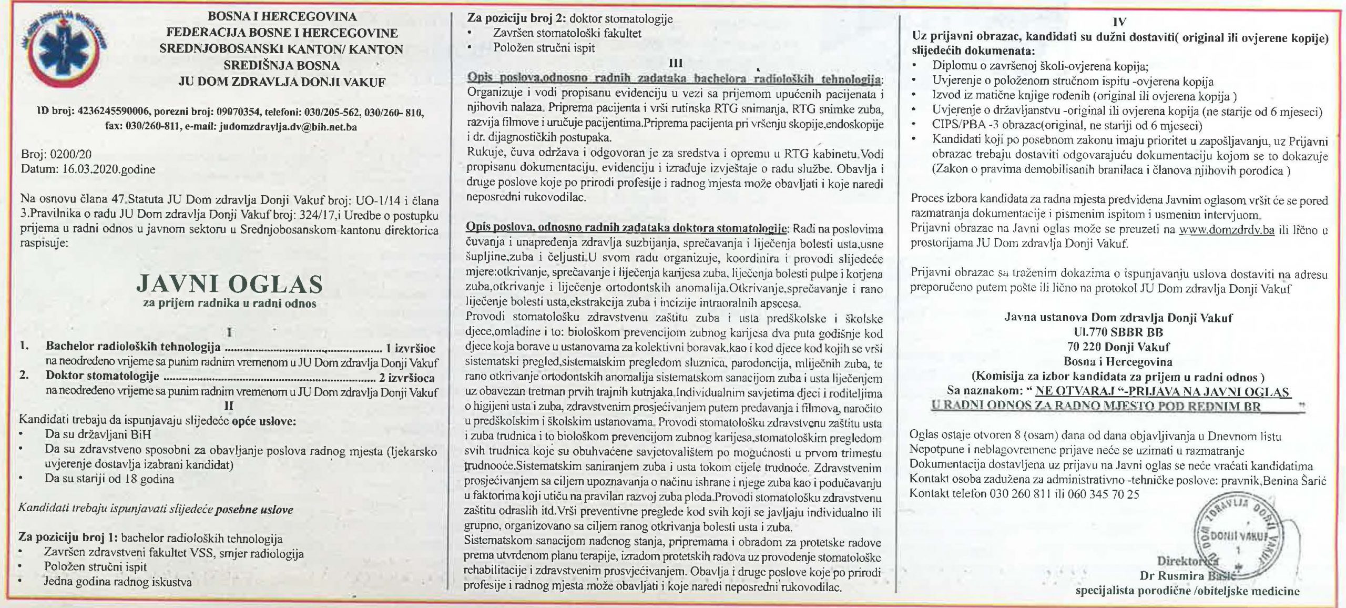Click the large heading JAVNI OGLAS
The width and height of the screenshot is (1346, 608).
point(229,284)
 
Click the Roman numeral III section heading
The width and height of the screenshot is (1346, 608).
point(675,63)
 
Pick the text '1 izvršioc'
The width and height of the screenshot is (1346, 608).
point(410,348)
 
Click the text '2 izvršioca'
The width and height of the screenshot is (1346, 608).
point(407,377)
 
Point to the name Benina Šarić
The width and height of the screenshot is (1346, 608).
point(1298,481)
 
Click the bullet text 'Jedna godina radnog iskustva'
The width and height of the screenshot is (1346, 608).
point(118,582)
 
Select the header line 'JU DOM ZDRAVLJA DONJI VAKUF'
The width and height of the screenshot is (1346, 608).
point(282,82)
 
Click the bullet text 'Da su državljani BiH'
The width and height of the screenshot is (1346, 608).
point(98,435)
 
